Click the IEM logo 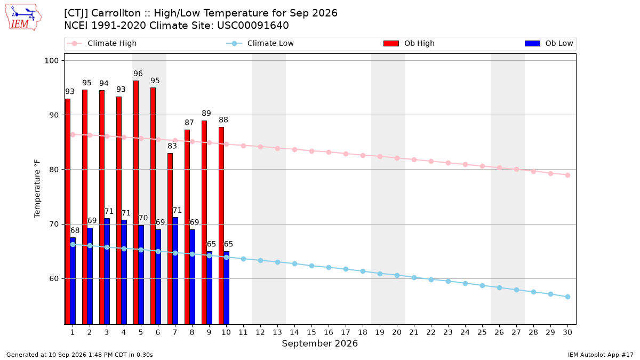(x=23, y=18)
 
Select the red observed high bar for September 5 (x=136, y=202)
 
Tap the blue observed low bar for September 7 (x=175, y=271)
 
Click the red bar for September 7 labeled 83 (x=170, y=239)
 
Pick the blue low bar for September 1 (x=73, y=281)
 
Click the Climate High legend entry (x=101, y=43)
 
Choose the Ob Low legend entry (x=549, y=43)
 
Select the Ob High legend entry (x=409, y=43)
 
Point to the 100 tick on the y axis (x=51, y=61)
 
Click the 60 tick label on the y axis (x=54, y=278)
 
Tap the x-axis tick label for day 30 (x=567, y=332)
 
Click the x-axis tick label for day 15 (x=311, y=332)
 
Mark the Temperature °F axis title (x=37, y=189)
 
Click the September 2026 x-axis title (x=319, y=343)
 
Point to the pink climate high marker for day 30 (x=567, y=175)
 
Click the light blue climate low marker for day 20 (x=397, y=275)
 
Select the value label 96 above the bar (x=138, y=74)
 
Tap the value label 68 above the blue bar (x=75, y=230)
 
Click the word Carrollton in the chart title (x=116, y=13)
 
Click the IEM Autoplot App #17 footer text (x=601, y=355)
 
